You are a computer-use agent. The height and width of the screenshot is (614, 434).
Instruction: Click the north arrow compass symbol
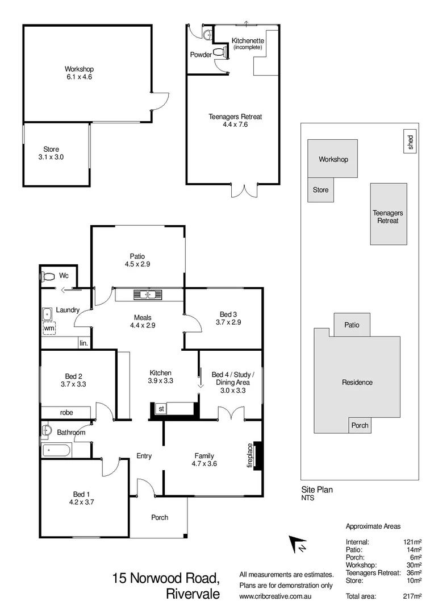(x=298, y=545)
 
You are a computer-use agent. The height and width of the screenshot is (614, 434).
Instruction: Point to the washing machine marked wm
(x=49, y=329)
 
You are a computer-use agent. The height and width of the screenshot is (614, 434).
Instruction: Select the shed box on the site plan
(x=410, y=142)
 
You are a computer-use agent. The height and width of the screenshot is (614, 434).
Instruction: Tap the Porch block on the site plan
(x=360, y=425)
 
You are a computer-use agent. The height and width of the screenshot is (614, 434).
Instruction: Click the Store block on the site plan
(x=320, y=190)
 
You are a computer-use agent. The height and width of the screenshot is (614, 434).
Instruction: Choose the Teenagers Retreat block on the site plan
(x=389, y=214)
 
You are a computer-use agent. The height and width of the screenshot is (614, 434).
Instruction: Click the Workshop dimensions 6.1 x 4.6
(x=78, y=77)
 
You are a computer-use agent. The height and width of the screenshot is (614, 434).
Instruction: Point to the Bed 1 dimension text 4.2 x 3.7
(x=81, y=502)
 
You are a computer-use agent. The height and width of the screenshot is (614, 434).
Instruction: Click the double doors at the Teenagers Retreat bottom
(x=244, y=190)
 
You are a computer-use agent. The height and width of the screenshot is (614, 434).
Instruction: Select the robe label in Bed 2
(x=65, y=412)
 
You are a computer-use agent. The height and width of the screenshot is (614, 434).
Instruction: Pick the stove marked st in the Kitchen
(x=161, y=408)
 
